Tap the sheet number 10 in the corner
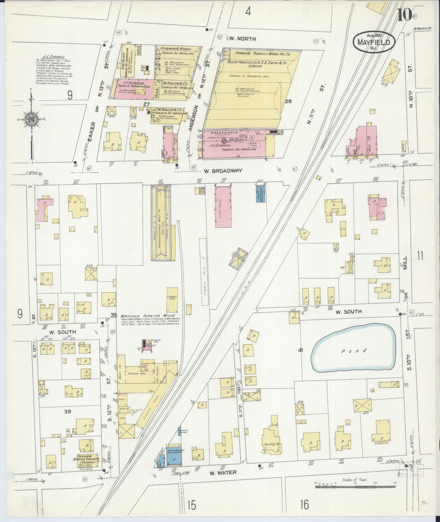pyautogui.click(x=405, y=15)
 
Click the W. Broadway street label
pyautogui.click(x=223, y=171)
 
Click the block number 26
pyautogui.click(x=288, y=101)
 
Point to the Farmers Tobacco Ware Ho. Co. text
pyautogui.click(x=262, y=54)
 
